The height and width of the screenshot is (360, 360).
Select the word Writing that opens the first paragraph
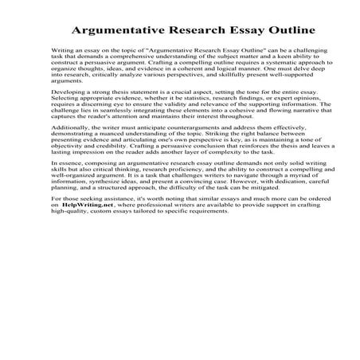click(62, 49)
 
